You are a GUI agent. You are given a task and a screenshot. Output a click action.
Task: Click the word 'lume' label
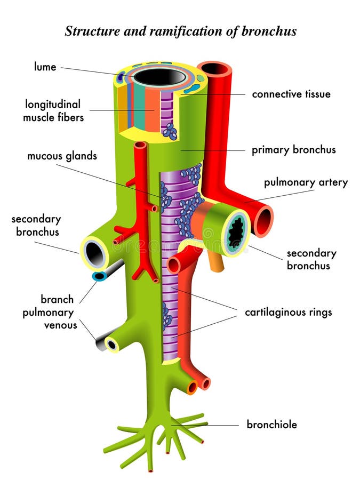click(45, 67)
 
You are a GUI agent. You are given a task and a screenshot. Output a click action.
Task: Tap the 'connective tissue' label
click(291, 94)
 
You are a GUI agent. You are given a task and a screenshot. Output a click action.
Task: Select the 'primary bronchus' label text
click(293, 150)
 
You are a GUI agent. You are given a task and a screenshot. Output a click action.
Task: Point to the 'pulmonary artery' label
click(305, 182)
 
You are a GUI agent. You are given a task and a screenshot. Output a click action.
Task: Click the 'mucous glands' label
click(62, 156)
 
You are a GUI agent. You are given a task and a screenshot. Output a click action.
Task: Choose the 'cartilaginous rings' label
click(288, 312)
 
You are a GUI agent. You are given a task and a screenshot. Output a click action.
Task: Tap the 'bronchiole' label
click(271, 425)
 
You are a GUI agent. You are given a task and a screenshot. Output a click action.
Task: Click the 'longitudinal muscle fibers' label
click(53, 110)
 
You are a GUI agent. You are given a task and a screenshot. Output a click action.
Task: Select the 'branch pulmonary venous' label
click(50, 311)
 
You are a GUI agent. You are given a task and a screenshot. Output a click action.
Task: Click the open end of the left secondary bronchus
click(94, 253)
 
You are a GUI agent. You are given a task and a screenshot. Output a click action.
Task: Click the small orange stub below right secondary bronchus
click(215, 263)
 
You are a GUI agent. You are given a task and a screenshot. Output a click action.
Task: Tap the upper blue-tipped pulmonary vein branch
click(100, 276)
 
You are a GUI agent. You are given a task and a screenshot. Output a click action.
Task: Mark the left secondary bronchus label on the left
click(36, 225)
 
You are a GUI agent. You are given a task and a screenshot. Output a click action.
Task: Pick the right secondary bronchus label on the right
click(311, 259)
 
